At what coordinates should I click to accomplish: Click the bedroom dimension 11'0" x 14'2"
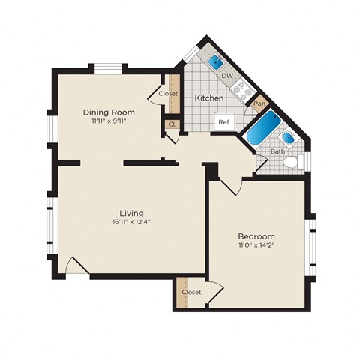point(257,244)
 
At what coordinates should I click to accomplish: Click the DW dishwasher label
point(226,76)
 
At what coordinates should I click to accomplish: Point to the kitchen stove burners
point(241,91)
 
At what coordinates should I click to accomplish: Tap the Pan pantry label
point(259,103)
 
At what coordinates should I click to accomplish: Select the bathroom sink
point(289,139)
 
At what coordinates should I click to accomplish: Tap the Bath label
point(277,151)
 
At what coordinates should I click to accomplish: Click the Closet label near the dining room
point(168,94)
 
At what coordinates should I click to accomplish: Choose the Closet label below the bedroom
point(192,292)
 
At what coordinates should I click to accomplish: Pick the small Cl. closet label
point(172,124)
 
